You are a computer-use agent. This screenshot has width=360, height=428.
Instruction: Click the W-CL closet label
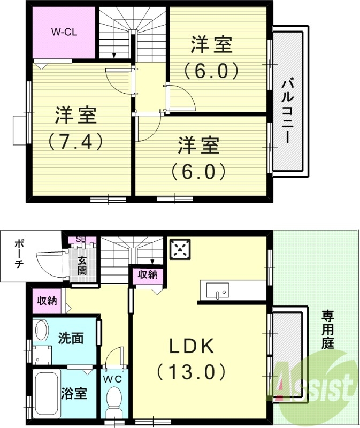(x=64, y=32)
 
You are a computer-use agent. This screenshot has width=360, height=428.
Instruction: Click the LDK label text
(x=192, y=347)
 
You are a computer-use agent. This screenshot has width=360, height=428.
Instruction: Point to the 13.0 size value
(x=192, y=370)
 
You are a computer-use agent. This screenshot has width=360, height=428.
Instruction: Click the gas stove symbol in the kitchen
(x=181, y=249)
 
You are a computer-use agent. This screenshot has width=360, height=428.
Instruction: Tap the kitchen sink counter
(x=232, y=291)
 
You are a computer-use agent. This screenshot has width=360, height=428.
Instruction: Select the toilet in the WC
(x=113, y=400)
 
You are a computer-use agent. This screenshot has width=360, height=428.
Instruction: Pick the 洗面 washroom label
(x=71, y=338)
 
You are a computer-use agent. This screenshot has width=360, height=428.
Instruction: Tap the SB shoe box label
(x=81, y=239)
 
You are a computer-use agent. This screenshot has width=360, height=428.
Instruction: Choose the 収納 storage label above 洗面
(x=47, y=301)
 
